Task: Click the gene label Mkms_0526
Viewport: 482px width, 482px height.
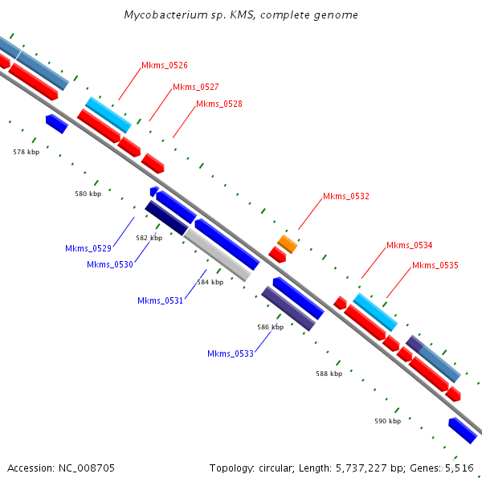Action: [165, 65]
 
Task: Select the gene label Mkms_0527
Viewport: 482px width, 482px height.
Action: [195, 87]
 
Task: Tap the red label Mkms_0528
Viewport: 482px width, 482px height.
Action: [219, 104]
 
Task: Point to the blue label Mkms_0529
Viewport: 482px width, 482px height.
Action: [88, 248]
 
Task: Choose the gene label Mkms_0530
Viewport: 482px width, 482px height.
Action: [110, 264]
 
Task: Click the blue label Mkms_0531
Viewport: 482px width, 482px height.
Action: [161, 300]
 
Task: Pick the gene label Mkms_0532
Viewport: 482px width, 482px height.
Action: [346, 196]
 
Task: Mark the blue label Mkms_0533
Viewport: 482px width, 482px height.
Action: [231, 353]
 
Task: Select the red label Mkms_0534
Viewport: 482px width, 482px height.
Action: [409, 246]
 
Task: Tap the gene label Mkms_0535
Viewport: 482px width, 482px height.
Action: [435, 265]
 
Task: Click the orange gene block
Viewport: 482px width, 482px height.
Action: [288, 244]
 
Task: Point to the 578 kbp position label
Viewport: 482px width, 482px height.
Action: [27, 152]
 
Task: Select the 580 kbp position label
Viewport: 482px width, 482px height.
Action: [88, 194]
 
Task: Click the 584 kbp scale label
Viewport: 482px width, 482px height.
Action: [210, 282]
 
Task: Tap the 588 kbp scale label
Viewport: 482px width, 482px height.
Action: [329, 374]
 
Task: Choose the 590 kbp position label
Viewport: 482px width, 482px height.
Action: [388, 421]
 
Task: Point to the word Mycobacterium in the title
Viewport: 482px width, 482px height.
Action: [165, 15]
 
